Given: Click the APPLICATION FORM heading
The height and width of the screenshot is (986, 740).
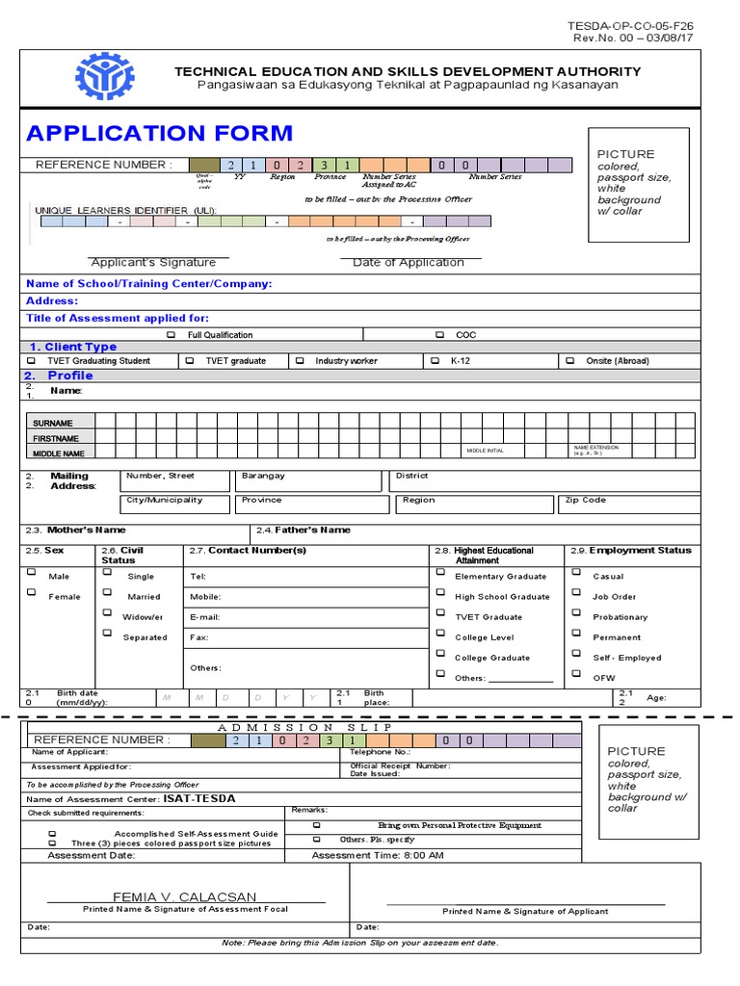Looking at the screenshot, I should (x=159, y=133).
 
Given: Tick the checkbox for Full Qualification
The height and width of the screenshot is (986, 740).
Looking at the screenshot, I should (x=172, y=335).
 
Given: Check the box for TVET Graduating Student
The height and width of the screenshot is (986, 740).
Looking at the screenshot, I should (x=31, y=360).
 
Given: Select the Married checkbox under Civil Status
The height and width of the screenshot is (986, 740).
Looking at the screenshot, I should (x=106, y=592).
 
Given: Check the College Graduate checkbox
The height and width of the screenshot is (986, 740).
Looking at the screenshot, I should (x=440, y=655).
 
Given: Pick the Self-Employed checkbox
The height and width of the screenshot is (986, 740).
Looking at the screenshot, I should (x=576, y=655).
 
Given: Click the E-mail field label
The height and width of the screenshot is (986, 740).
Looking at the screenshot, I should (x=206, y=617).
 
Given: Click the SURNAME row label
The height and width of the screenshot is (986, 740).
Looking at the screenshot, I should (x=52, y=423).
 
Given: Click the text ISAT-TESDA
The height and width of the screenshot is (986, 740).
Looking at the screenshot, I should (x=198, y=798).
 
